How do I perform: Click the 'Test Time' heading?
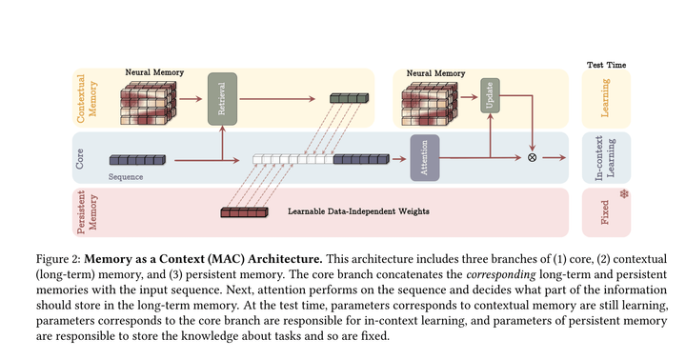pyautogui.click(x=605, y=65)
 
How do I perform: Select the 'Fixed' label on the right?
pyautogui.click(x=605, y=211)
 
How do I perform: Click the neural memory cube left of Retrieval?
pyautogui.click(x=150, y=102)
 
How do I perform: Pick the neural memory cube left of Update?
pyautogui.click(x=433, y=102)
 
